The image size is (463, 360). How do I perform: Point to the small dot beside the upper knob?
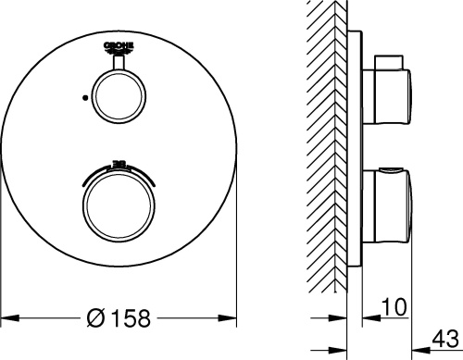pos(85,95)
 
